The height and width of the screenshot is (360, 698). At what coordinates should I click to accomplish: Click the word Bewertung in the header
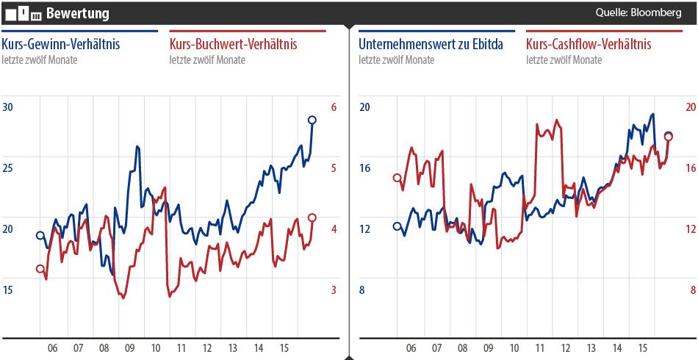coord(77,13)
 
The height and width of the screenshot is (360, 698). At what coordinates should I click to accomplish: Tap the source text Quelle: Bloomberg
coord(638,13)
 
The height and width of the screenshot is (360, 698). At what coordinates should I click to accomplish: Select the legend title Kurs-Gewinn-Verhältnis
coord(60,45)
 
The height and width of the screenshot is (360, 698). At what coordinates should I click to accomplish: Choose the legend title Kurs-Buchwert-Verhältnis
coord(233,45)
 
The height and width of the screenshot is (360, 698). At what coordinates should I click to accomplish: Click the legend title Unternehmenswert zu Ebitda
coord(431,45)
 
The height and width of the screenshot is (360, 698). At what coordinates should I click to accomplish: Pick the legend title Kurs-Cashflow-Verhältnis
coord(589,45)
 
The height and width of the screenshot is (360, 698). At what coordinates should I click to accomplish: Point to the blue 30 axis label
coord(9,107)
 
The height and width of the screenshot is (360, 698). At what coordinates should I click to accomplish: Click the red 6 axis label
coord(334,107)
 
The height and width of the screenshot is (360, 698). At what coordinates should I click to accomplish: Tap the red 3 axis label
coord(334,290)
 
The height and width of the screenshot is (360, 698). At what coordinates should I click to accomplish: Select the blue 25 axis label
coord(9,168)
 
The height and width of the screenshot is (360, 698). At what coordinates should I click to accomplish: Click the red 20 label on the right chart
coord(690,107)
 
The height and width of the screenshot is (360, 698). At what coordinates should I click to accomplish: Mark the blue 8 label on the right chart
coord(361,290)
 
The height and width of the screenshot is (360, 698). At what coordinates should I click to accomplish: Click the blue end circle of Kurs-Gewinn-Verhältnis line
coord(312,120)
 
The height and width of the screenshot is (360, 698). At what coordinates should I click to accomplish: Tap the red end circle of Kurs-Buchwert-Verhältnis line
coord(312,217)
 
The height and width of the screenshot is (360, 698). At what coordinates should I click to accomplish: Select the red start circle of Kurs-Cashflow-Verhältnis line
coord(397,178)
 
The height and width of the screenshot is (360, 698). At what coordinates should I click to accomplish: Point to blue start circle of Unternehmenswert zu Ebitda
coord(397,226)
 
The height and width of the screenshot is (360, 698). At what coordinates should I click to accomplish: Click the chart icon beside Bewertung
coord(23,13)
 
